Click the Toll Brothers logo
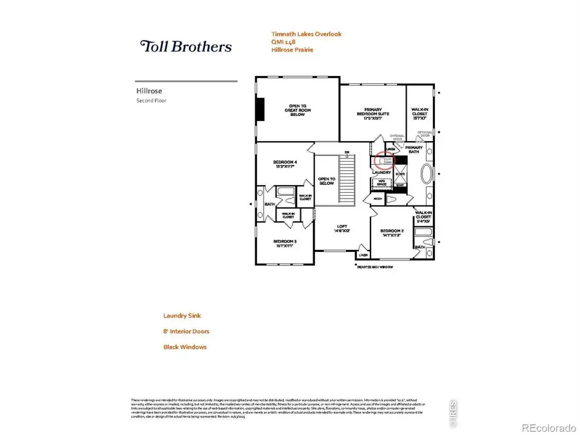[x=186, y=46]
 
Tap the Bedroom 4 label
[x=284, y=164]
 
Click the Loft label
[x=342, y=228]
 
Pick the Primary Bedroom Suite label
[x=372, y=113]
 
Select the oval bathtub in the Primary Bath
[x=427, y=174]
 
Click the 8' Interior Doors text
[x=186, y=331]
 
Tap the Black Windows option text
[x=185, y=347]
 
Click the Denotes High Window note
[x=375, y=267]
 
